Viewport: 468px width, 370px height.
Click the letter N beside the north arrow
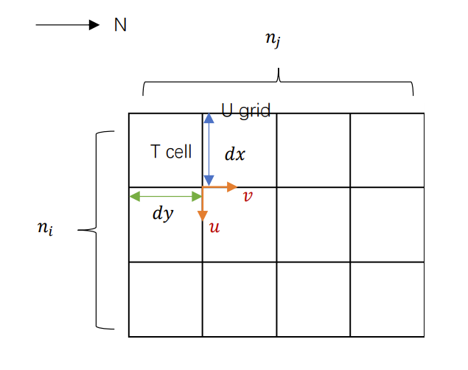(120, 25)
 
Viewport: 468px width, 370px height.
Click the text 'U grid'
(246, 111)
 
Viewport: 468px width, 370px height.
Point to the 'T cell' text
(171, 152)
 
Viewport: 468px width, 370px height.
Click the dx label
(235, 156)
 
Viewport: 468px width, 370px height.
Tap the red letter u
(214, 227)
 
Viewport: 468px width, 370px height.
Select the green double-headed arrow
(165, 196)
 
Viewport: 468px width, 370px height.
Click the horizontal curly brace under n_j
(278, 80)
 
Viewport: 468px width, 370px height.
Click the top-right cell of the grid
(387, 150)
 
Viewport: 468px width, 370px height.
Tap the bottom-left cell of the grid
(165, 299)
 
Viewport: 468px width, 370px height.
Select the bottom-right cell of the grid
(387, 299)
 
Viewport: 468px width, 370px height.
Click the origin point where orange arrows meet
(203, 188)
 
